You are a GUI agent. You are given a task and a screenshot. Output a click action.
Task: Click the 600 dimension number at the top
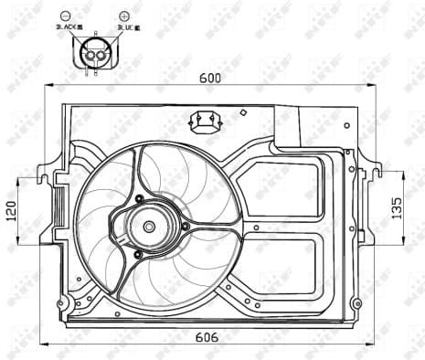point(210,78)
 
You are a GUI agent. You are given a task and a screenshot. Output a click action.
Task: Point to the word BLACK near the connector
point(78,28)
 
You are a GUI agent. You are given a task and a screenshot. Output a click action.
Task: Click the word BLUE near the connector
point(130,28)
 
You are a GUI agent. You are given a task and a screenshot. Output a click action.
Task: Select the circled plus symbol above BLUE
point(124,16)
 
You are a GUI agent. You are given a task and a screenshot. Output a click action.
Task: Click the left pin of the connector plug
point(90,57)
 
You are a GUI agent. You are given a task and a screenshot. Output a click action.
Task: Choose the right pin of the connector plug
point(102,57)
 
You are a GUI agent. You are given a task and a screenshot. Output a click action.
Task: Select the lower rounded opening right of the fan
point(279,265)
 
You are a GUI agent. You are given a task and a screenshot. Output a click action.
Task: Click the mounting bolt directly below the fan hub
point(137,253)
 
